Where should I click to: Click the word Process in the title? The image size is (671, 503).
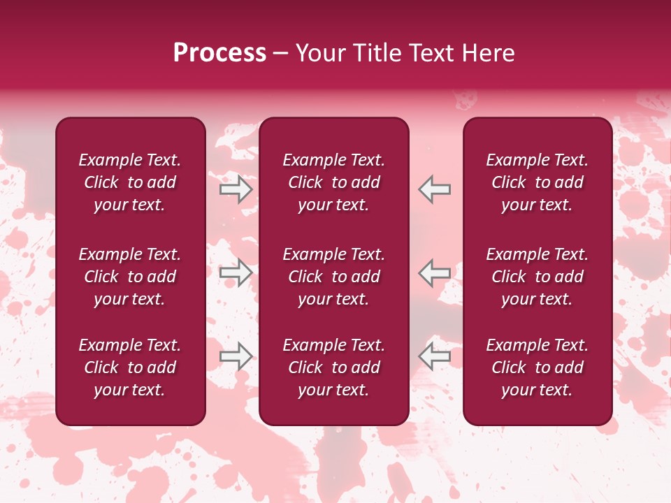point(219,53)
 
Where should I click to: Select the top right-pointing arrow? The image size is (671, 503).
point(236,189)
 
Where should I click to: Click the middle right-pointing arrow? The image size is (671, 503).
point(236,272)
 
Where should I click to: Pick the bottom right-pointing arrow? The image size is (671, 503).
point(236,356)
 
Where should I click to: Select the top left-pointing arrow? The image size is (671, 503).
point(434,189)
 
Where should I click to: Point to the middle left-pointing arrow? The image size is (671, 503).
point(434,272)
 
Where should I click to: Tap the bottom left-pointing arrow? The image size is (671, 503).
point(434,356)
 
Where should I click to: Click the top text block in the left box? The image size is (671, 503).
point(130,182)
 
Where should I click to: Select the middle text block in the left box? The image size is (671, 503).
point(130,277)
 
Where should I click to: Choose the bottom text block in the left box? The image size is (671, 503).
point(130,367)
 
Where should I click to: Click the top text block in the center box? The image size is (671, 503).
point(333,182)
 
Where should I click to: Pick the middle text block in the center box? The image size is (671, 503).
point(333,277)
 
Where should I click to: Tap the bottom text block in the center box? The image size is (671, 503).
point(333,367)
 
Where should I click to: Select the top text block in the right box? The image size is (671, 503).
point(537,182)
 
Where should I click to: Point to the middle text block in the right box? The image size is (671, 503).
point(537,277)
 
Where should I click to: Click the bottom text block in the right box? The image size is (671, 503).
point(537,367)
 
